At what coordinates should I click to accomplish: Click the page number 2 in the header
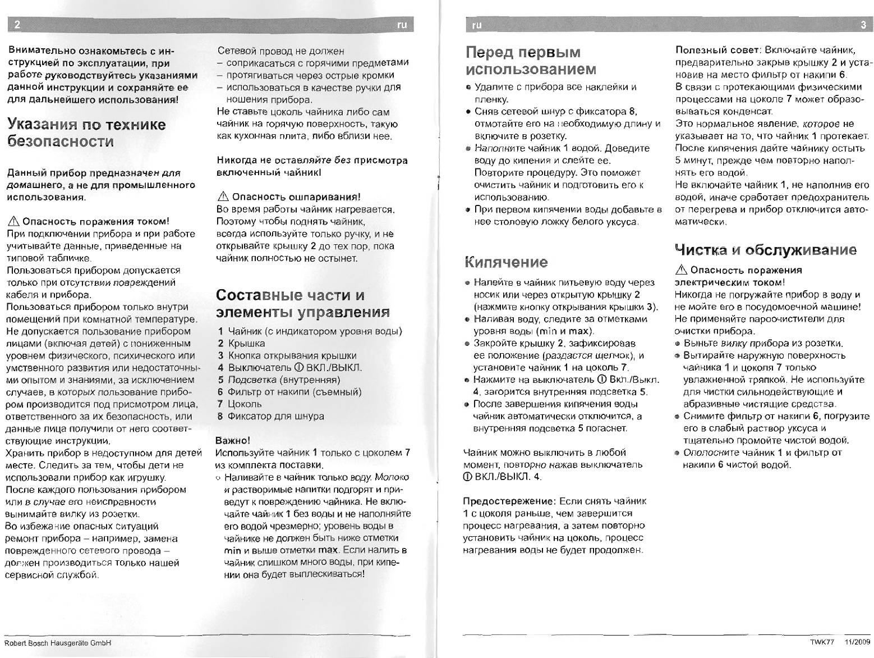click(18, 25)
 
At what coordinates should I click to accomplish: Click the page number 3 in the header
click(863, 25)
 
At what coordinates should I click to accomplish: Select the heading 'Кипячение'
click(506, 262)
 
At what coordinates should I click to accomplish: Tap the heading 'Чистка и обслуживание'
click(766, 250)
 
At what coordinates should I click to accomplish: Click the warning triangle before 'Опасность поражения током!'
click(12, 221)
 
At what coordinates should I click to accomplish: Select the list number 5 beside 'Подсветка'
click(221, 380)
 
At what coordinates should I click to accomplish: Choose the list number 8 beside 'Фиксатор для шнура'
click(221, 416)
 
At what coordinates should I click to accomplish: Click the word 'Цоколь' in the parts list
click(245, 404)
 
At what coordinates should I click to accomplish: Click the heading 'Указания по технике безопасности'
click(86, 132)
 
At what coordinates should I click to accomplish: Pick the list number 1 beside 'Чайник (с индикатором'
click(221, 331)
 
